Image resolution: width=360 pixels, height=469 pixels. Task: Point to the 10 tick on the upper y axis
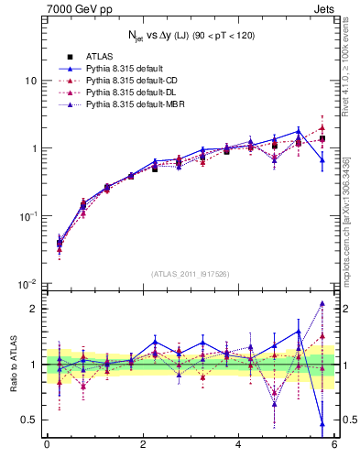(29, 81)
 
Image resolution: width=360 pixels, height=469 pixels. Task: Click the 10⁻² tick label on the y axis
(27, 284)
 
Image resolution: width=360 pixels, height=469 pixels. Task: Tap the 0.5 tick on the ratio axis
(29, 420)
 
